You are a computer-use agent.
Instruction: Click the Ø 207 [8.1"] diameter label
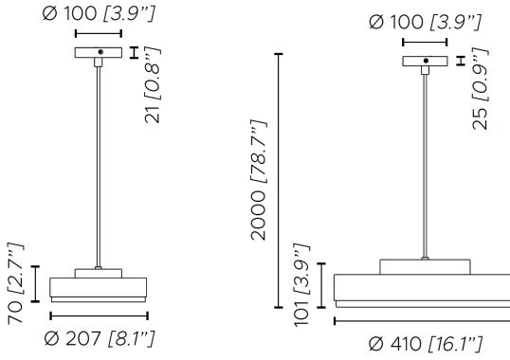(100, 338)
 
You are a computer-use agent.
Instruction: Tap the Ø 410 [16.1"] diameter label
(426, 344)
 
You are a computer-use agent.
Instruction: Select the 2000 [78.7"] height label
(259, 180)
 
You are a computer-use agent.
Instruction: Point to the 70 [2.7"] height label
(15, 283)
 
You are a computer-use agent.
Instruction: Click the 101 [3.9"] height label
(301, 284)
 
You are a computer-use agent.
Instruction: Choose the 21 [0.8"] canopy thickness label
(153, 85)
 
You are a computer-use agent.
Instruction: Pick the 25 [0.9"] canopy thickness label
(480, 89)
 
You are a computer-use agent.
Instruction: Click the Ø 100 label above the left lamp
(99, 13)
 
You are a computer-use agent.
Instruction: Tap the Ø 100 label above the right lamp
(425, 22)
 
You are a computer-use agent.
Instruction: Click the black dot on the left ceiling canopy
(100, 52)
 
